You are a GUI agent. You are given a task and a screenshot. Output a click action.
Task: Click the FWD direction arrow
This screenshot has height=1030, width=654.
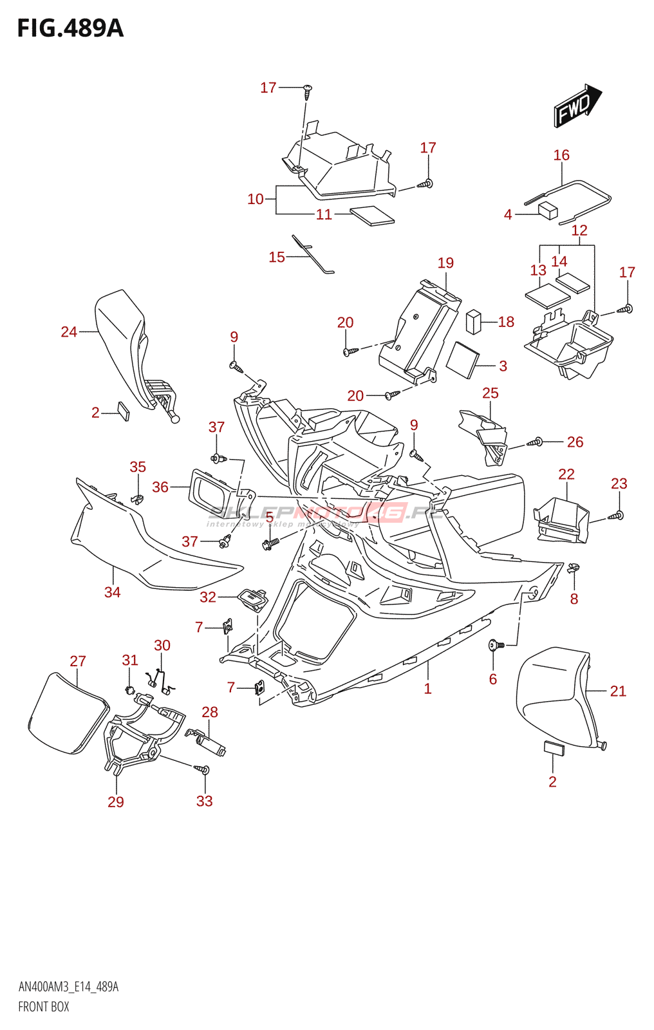577,106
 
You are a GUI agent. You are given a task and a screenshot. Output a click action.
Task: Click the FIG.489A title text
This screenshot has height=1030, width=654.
70,28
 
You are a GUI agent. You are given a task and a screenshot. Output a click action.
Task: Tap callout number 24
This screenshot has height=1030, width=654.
69,332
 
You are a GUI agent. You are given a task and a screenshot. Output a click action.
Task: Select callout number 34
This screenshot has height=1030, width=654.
112,592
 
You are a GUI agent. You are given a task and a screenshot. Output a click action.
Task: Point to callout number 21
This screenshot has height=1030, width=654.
618,691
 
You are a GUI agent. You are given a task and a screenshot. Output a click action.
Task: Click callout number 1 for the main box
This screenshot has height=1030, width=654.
427,688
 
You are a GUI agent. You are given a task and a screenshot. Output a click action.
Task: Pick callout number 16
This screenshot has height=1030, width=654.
561,155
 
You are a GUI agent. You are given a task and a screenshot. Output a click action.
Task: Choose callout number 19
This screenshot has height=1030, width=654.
445,263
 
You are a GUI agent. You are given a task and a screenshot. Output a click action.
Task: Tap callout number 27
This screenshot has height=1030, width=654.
78,661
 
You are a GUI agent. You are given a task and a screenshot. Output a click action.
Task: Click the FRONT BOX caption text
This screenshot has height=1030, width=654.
43,1007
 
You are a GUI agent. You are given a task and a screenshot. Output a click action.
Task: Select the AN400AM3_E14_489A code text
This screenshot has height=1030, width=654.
68,987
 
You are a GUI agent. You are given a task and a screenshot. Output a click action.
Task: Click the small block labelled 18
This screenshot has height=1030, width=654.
473,321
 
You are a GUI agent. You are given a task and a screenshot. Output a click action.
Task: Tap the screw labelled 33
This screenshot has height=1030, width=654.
203,769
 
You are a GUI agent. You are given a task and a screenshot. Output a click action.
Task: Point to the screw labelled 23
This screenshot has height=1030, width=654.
618,515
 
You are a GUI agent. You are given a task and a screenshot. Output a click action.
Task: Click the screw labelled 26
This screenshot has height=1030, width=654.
537,442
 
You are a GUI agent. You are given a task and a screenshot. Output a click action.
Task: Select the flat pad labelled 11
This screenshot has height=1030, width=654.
372,215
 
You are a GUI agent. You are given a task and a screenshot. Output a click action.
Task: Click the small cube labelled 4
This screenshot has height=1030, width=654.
548,210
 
